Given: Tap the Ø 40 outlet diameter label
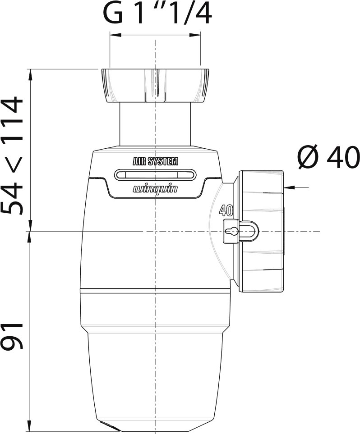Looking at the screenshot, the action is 329,157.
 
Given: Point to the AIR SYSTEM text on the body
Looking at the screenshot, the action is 156,161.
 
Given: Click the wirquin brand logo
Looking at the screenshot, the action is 155,189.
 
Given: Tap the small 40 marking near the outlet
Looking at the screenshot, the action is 226,210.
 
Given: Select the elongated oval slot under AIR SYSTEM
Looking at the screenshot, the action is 156,175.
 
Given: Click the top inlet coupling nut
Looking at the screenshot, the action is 155,86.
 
